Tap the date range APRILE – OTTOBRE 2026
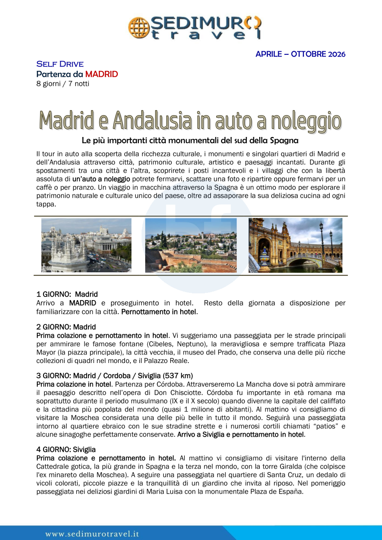pos(300,54)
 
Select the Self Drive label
pos(60,64)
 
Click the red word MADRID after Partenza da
pos(102,74)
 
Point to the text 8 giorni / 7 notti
pos(62,84)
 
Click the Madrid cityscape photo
pos(86,245)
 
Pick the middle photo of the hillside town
pos(191,245)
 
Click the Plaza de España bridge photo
pos(295,245)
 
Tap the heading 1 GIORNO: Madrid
pos(67,295)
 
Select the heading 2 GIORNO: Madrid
pos(66,327)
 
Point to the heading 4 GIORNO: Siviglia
pos(66,449)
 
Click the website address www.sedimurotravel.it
pos(92,534)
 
